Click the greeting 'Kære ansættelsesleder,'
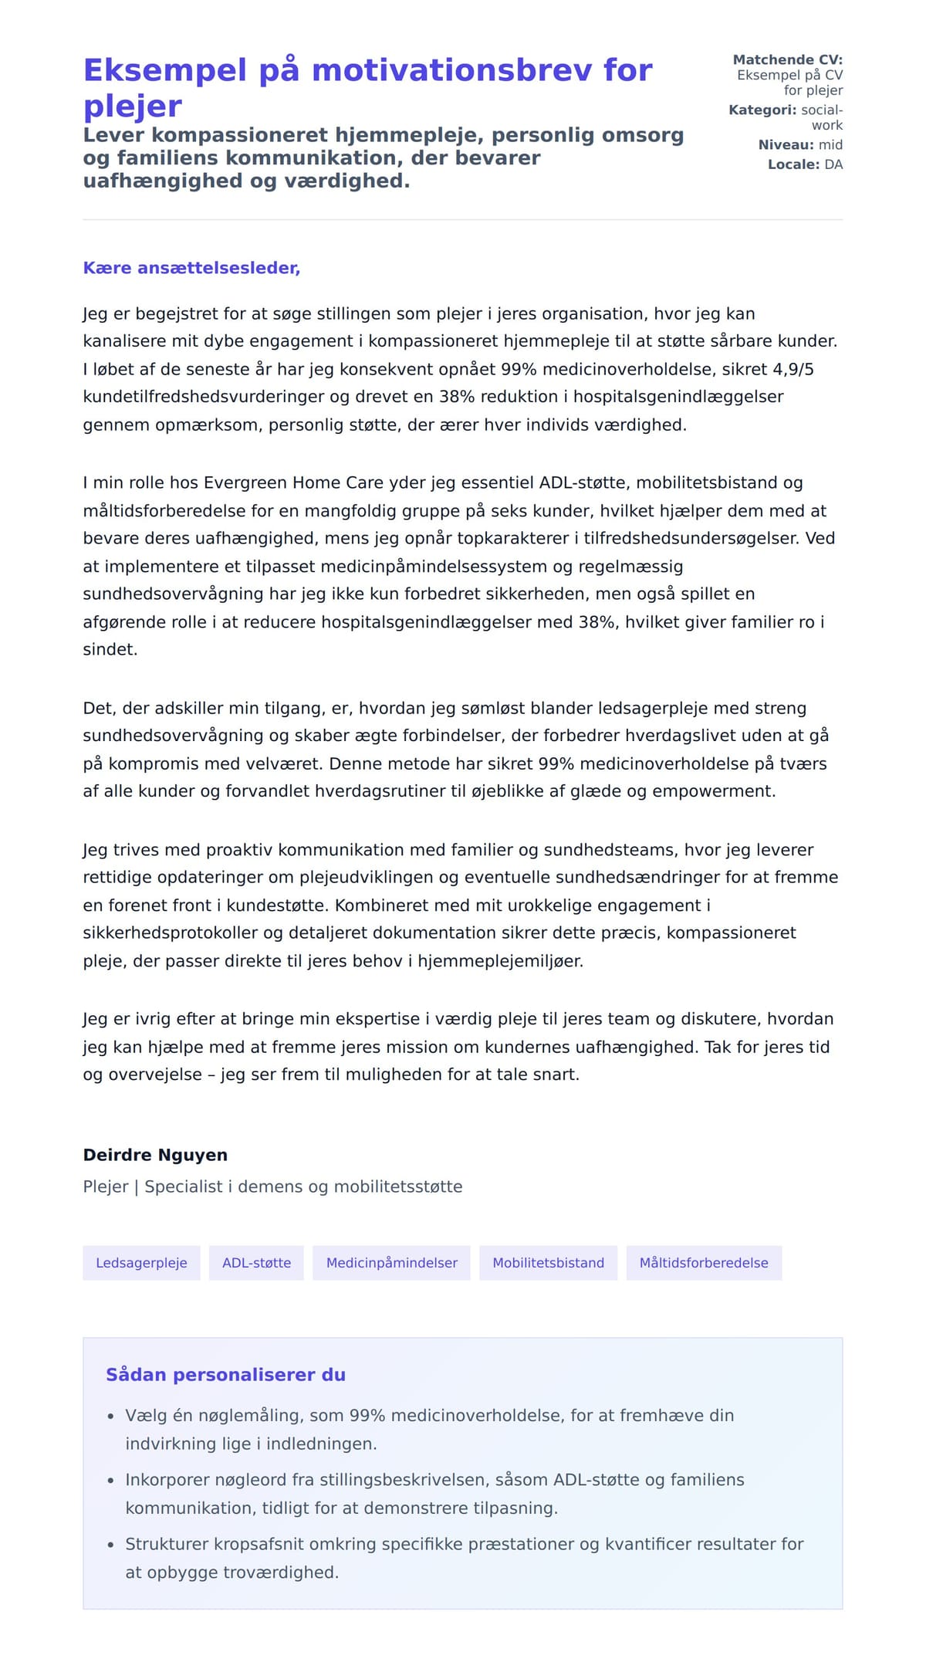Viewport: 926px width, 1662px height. point(191,268)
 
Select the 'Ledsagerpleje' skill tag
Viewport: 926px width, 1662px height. point(141,1263)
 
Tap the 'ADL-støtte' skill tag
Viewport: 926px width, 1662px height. point(256,1263)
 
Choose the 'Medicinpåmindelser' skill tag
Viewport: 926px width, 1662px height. point(391,1263)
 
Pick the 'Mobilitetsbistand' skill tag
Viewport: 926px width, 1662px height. point(548,1263)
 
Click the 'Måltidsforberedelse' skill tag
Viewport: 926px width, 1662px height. point(704,1263)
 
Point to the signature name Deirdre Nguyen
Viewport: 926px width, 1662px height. point(155,1155)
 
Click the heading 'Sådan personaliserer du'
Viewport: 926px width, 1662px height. point(225,1375)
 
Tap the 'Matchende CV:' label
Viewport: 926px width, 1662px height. point(787,59)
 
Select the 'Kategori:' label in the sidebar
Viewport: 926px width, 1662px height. point(762,110)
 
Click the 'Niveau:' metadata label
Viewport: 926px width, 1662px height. point(786,144)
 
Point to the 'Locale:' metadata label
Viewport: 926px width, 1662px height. point(793,164)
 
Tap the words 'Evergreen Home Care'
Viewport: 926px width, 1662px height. point(293,482)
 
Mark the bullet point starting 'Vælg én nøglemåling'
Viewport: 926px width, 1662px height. point(429,1429)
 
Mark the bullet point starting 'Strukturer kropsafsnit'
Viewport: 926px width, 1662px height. point(464,1558)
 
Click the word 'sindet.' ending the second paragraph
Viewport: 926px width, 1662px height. point(110,649)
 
